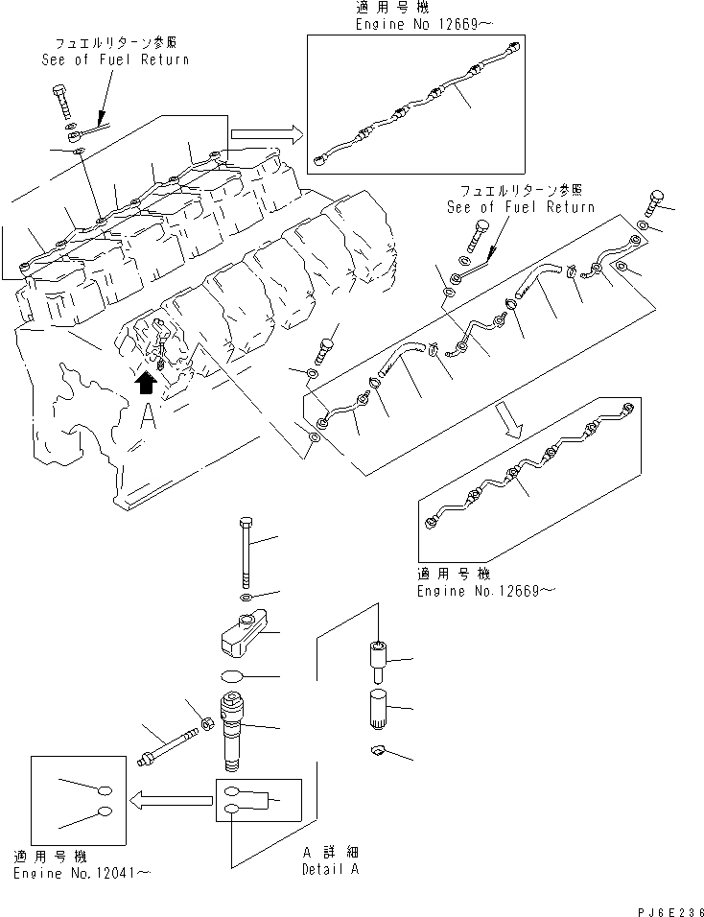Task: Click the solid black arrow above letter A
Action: pos(144,384)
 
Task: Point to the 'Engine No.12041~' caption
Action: pos(82,873)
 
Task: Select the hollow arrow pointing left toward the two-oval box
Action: pos(172,797)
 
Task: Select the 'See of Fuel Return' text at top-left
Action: pos(115,59)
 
